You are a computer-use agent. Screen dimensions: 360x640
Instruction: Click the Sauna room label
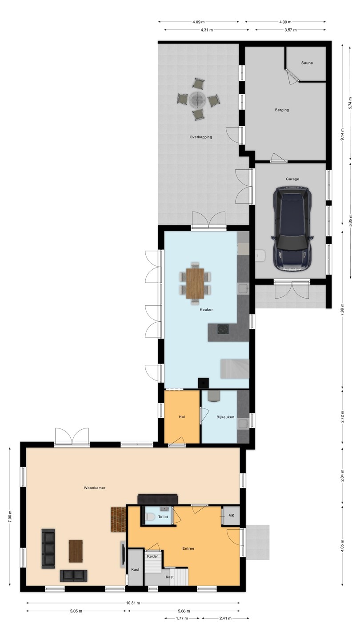(307, 63)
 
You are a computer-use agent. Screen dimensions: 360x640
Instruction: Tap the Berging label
(282, 110)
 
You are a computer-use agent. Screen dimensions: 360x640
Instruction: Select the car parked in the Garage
(292, 229)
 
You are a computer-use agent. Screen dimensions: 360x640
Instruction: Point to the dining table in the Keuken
(195, 284)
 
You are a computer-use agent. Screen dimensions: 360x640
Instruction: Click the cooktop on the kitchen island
(223, 329)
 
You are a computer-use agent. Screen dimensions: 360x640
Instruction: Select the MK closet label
(231, 516)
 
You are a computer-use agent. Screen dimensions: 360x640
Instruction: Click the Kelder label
(152, 556)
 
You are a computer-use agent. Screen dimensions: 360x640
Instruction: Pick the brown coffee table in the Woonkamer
(76, 551)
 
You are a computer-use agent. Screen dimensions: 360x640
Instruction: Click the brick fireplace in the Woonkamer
(118, 520)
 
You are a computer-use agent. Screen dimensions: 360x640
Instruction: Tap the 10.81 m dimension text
(133, 603)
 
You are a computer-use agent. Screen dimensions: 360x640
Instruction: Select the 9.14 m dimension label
(342, 134)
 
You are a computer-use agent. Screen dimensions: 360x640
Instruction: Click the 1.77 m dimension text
(182, 618)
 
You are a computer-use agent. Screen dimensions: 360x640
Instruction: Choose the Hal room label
(182, 417)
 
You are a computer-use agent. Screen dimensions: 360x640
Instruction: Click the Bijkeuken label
(225, 417)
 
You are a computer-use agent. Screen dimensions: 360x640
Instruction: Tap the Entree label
(188, 548)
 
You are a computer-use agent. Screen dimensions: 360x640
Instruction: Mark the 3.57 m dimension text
(290, 30)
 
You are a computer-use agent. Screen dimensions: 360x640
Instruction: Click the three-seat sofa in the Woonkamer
(48, 548)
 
